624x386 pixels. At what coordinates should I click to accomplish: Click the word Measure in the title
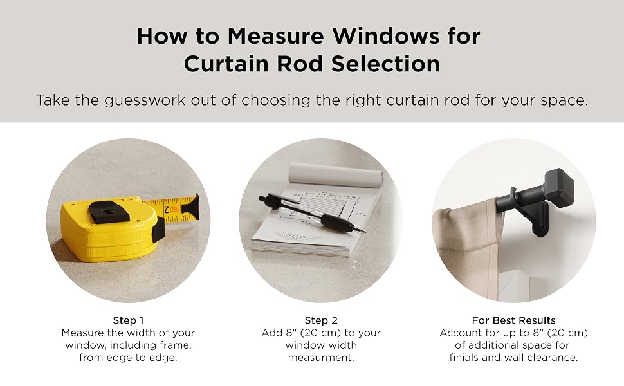[276, 36]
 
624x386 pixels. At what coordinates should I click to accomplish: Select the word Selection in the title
[385, 64]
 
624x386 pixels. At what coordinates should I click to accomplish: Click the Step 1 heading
[128, 320]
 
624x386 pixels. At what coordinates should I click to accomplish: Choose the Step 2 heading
[321, 320]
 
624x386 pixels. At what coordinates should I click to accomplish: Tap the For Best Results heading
[513, 320]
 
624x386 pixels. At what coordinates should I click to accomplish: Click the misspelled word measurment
[321, 358]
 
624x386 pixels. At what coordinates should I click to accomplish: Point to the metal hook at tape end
[192, 207]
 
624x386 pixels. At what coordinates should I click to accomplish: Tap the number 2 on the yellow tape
[167, 209]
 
